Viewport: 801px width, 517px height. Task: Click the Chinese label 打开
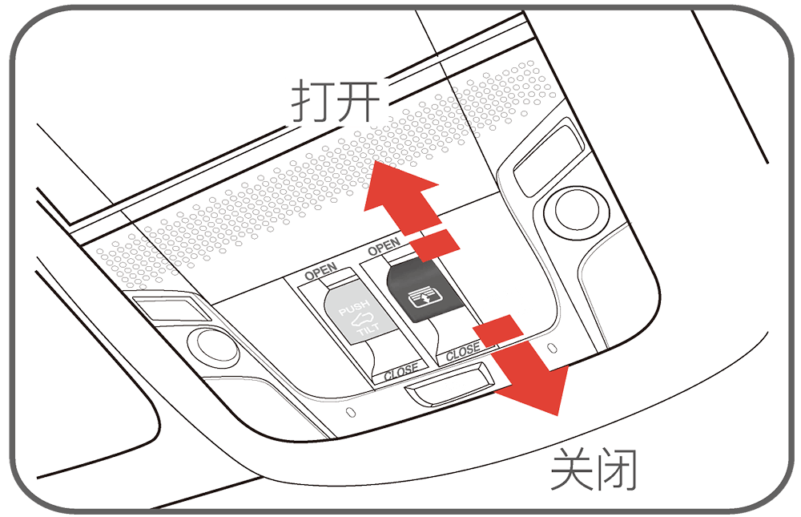tap(336, 101)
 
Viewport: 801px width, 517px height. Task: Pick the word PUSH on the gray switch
tap(354, 308)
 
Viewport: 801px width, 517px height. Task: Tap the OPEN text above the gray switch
tap(321, 272)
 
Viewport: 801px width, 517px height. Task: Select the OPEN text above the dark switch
tap(384, 247)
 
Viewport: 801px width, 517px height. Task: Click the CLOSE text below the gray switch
tap(401, 371)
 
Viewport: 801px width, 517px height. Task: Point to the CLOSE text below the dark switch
tap(463, 353)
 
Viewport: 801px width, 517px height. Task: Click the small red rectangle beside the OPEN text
tap(435, 245)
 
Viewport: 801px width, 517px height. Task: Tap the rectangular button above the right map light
tap(549, 156)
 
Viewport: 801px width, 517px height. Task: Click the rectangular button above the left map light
tap(172, 309)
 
